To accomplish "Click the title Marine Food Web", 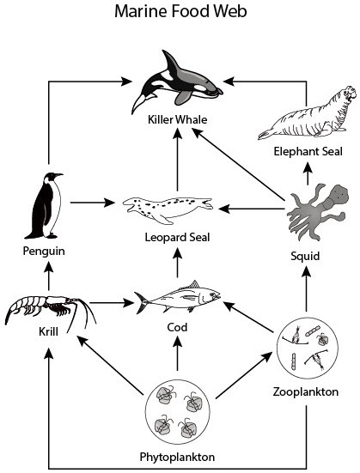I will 180,14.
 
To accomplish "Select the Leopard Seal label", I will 178,237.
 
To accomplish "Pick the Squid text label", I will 307,256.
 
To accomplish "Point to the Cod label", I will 178,329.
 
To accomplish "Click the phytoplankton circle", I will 178,409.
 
